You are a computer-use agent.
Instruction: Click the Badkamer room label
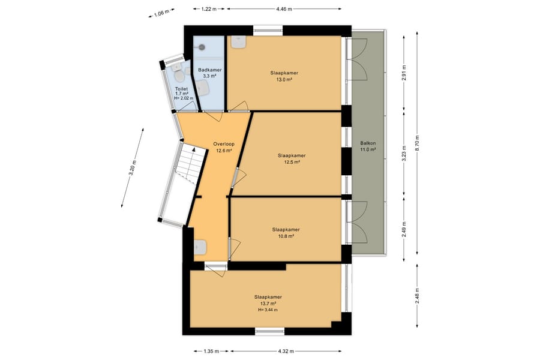click(210, 70)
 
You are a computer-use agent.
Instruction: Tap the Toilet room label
click(181, 89)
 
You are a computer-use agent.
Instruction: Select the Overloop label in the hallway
click(224, 144)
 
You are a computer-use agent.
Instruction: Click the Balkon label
click(368, 143)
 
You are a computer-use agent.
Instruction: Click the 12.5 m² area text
click(292, 162)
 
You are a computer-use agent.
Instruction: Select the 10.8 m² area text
click(286, 236)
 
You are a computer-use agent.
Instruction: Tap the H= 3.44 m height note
click(268, 310)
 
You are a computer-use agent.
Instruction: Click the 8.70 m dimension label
click(417, 142)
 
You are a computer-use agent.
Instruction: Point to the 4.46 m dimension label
click(284, 10)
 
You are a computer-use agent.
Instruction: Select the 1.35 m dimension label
click(211, 352)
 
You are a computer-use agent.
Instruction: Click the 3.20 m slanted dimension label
click(133, 168)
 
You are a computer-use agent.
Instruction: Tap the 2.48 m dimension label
click(417, 296)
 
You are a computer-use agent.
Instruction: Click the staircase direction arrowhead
click(194, 149)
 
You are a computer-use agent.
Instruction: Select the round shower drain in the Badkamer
click(202, 47)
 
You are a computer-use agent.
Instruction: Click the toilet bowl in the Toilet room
click(179, 76)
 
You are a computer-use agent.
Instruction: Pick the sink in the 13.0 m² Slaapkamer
click(238, 42)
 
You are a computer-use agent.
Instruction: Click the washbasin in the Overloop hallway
click(200, 247)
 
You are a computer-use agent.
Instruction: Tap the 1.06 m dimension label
click(161, 13)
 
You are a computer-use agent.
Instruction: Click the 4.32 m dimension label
click(286, 352)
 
